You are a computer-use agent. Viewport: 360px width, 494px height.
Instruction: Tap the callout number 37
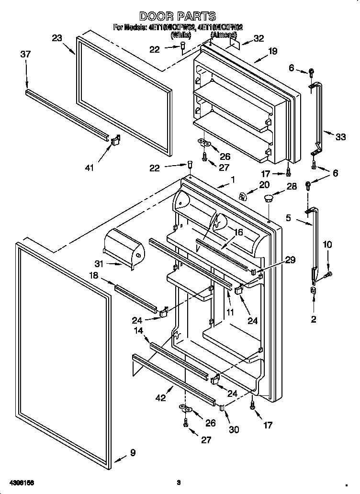[25, 55]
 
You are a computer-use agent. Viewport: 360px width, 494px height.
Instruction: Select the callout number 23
[57, 38]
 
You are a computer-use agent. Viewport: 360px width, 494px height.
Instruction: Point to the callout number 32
[259, 39]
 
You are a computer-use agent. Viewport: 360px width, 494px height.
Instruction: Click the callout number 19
[272, 51]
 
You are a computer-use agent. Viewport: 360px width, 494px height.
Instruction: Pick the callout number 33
[340, 137]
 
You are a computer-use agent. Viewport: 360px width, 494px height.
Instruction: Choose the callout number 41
[90, 167]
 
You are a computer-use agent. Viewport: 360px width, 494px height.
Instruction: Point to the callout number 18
[94, 276]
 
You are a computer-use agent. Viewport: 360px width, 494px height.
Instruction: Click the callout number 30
[233, 430]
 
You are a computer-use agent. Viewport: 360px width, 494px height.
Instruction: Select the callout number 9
[133, 452]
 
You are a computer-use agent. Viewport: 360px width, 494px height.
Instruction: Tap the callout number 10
[327, 245]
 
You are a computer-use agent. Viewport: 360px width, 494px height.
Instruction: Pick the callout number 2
[314, 320]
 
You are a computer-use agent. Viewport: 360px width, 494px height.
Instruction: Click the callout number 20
[264, 185]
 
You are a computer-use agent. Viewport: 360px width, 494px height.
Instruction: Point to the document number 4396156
[21, 482]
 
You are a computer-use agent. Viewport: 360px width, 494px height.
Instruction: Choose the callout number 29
[290, 260]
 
